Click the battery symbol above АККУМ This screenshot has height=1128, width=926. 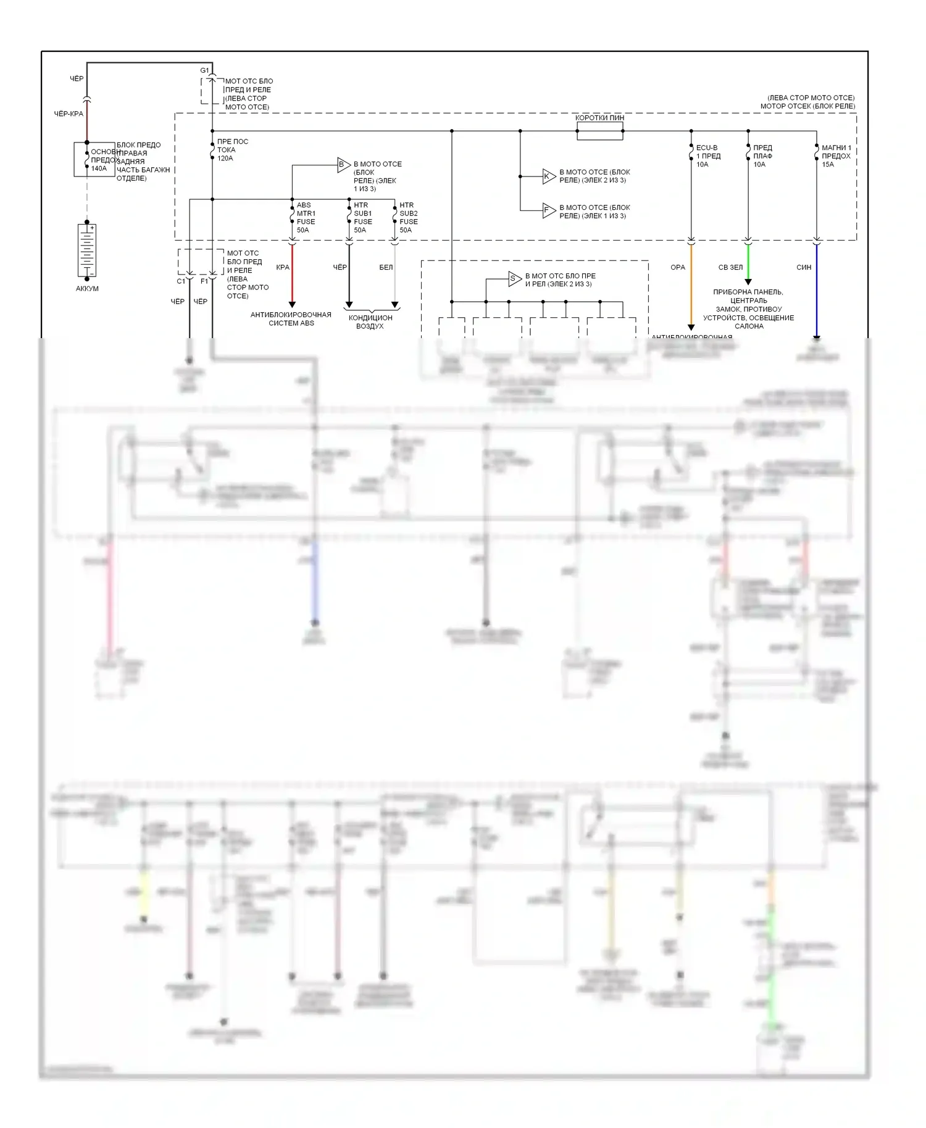click(x=87, y=250)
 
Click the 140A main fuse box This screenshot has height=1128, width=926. click(x=94, y=159)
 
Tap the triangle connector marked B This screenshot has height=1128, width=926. click(x=343, y=165)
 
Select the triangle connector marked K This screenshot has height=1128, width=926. click(x=548, y=176)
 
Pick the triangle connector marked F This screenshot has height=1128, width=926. click(x=548, y=211)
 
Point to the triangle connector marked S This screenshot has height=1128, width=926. click(x=514, y=279)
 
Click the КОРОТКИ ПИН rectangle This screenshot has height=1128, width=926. click(x=599, y=131)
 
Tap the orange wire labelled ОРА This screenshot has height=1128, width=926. click(x=691, y=284)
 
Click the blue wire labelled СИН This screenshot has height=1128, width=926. click(x=817, y=290)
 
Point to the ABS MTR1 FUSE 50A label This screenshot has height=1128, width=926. click(x=306, y=218)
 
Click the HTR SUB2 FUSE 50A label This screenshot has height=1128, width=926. click(x=408, y=218)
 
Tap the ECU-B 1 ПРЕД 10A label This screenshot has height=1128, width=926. click(x=707, y=156)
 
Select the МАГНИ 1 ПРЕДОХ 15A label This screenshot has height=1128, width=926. click(x=836, y=156)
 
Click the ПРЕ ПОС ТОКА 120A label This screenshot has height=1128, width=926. click(x=232, y=150)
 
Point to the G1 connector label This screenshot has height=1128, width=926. click(x=204, y=70)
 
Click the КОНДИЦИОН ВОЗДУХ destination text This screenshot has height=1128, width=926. click(x=370, y=322)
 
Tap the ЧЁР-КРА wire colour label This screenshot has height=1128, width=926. click(x=69, y=114)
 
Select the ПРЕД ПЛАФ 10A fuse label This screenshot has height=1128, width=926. click(x=762, y=156)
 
